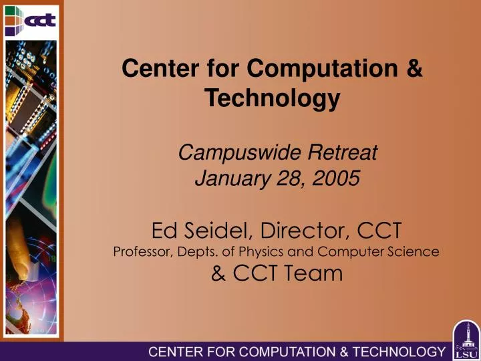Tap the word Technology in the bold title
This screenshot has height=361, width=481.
(x=272, y=98)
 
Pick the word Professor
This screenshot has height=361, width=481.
(x=141, y=252)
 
